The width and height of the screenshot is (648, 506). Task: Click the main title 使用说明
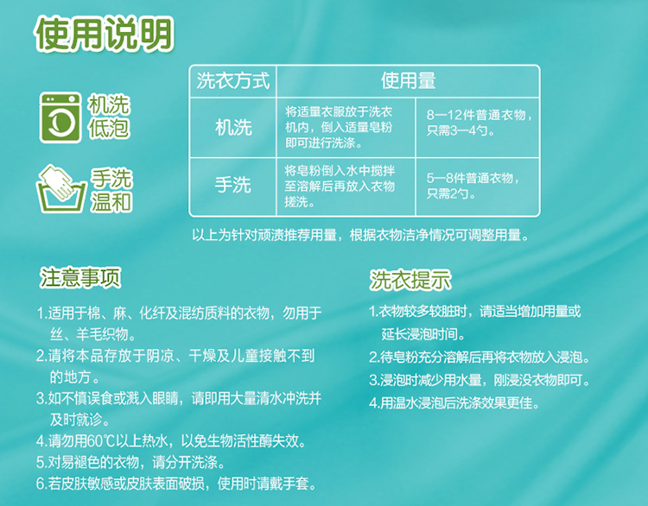[105, 34]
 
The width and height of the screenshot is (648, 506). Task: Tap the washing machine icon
[60, 117]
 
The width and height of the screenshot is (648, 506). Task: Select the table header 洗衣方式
[233, 80]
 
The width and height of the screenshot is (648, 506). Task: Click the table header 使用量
[408, 80]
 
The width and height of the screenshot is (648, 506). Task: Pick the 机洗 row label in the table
[233, 127]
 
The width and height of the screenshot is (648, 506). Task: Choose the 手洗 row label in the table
[233, 185]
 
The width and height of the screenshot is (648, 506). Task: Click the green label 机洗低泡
[109, 117]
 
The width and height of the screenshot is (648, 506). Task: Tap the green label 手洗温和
[111, 190]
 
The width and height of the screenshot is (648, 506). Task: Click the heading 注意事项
[80, 277]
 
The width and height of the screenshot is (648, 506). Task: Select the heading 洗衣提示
[410, 280]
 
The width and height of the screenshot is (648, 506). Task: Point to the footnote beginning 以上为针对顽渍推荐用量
[360, 236]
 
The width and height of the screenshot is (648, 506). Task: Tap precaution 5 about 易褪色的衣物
[130, 463]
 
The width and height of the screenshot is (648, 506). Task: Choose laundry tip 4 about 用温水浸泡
[454, 402]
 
